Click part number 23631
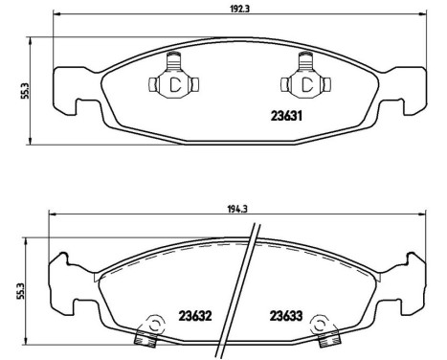[x=278, y=118]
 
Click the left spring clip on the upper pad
[x=174, y=80]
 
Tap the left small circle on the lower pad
[x=151, y=324]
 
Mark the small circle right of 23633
[x=321, y=324]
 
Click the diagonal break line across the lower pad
[x=240, y=287]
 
